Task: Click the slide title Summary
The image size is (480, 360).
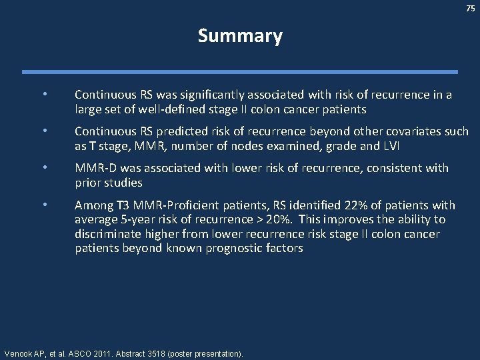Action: tap(240, 36)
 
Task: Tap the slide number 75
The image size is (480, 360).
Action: tap(470, 8)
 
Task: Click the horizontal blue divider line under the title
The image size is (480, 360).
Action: tap(240, 72)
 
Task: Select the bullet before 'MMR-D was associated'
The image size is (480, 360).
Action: tap(45, 168)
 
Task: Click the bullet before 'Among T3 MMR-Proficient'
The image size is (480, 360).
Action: tap(45, 205)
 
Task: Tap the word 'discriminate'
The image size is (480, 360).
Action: tap(107, 234)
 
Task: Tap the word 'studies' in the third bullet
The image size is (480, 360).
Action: tap(125, 182)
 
